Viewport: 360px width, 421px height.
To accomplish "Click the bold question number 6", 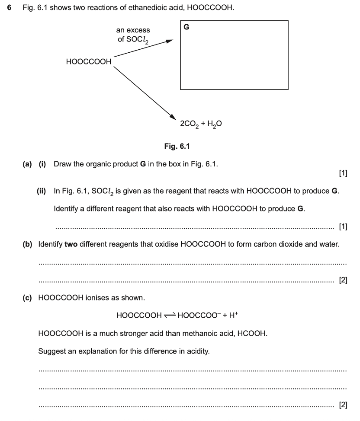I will [x=9, y=8].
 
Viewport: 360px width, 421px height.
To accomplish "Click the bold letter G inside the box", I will [x=186, y=27].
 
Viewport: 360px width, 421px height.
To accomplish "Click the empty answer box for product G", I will [x=234, y=58].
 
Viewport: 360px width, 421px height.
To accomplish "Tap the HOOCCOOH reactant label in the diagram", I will [x=89, y=62].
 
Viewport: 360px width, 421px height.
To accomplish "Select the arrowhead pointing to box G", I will [x=170, y=41].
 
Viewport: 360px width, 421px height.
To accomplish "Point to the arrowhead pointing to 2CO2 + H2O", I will [x=173, y=116].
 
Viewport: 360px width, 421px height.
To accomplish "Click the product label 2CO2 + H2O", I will [x=201, y=124].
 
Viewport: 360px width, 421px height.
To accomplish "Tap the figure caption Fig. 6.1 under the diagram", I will [x=177, y=146].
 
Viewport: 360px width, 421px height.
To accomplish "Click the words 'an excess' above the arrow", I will [x=133, y=30].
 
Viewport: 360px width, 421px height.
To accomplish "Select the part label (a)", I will [x=28, y=164].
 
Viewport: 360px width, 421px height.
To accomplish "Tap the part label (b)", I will [x=28, y=244].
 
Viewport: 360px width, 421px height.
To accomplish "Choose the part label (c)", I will [x=28, y=298].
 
